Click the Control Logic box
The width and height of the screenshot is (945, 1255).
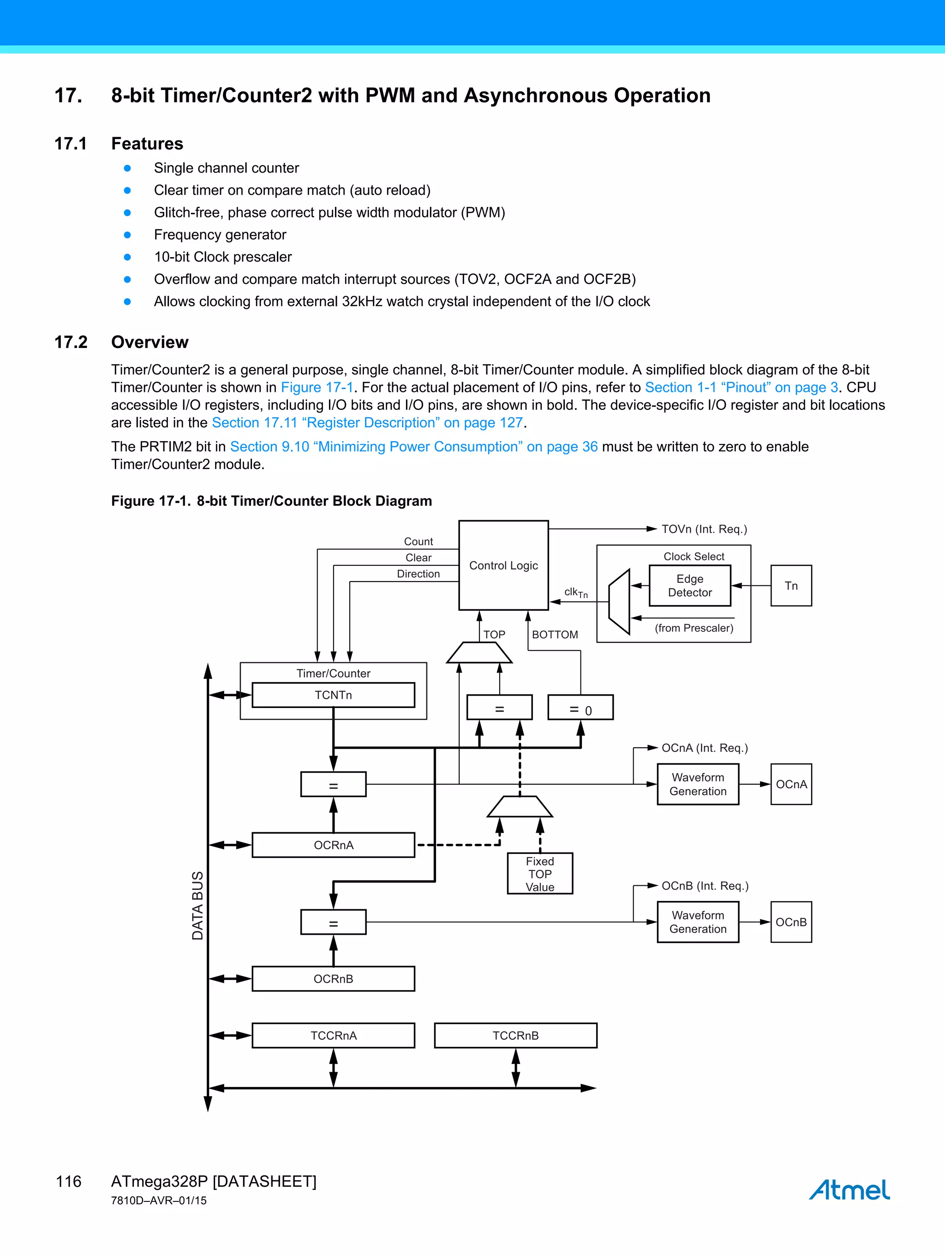point(503,565)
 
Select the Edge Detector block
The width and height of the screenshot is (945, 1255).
point(690,586)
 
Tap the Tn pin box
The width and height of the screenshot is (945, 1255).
point(791,586)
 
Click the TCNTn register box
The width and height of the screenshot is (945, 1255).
point(333,695)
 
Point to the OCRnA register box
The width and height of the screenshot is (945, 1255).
point(333,845)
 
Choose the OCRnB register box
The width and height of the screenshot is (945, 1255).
point(333,979)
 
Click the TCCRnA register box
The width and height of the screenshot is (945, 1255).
point(333,1035)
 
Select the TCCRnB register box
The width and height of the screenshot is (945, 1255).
point(515,1035)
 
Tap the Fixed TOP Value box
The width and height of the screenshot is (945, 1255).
point(539,874)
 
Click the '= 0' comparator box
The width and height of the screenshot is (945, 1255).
point(580,708)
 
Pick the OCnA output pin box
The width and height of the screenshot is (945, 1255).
point(791,784)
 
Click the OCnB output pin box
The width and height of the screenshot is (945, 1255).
point(791,922)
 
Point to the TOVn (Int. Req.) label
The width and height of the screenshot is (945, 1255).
point(704,529)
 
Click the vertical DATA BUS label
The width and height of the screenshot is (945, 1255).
point(197,906)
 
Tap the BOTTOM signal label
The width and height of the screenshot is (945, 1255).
point(555,634)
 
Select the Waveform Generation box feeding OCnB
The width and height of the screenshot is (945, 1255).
point(698,922)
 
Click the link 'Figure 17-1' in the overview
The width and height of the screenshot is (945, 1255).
point(317,388)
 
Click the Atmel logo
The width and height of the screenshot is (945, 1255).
point(849,1190)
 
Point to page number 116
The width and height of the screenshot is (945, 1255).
point(69,1181)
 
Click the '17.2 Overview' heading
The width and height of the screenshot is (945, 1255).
point(121,342)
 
